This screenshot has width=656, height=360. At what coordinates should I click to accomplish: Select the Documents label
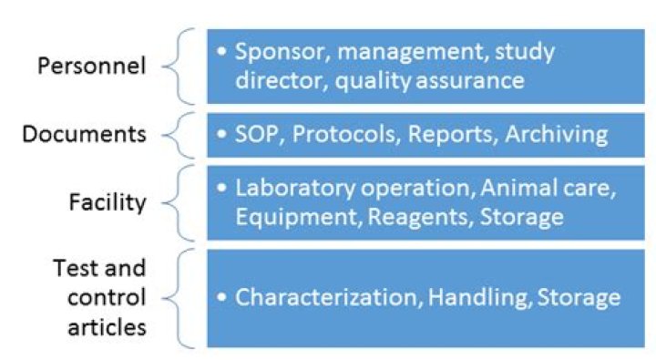coord(84,135)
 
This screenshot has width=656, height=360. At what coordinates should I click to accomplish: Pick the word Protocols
coord(340,135)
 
